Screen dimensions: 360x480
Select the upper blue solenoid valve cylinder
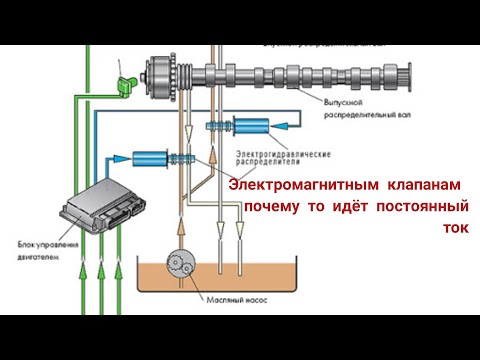tap(249, 127)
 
